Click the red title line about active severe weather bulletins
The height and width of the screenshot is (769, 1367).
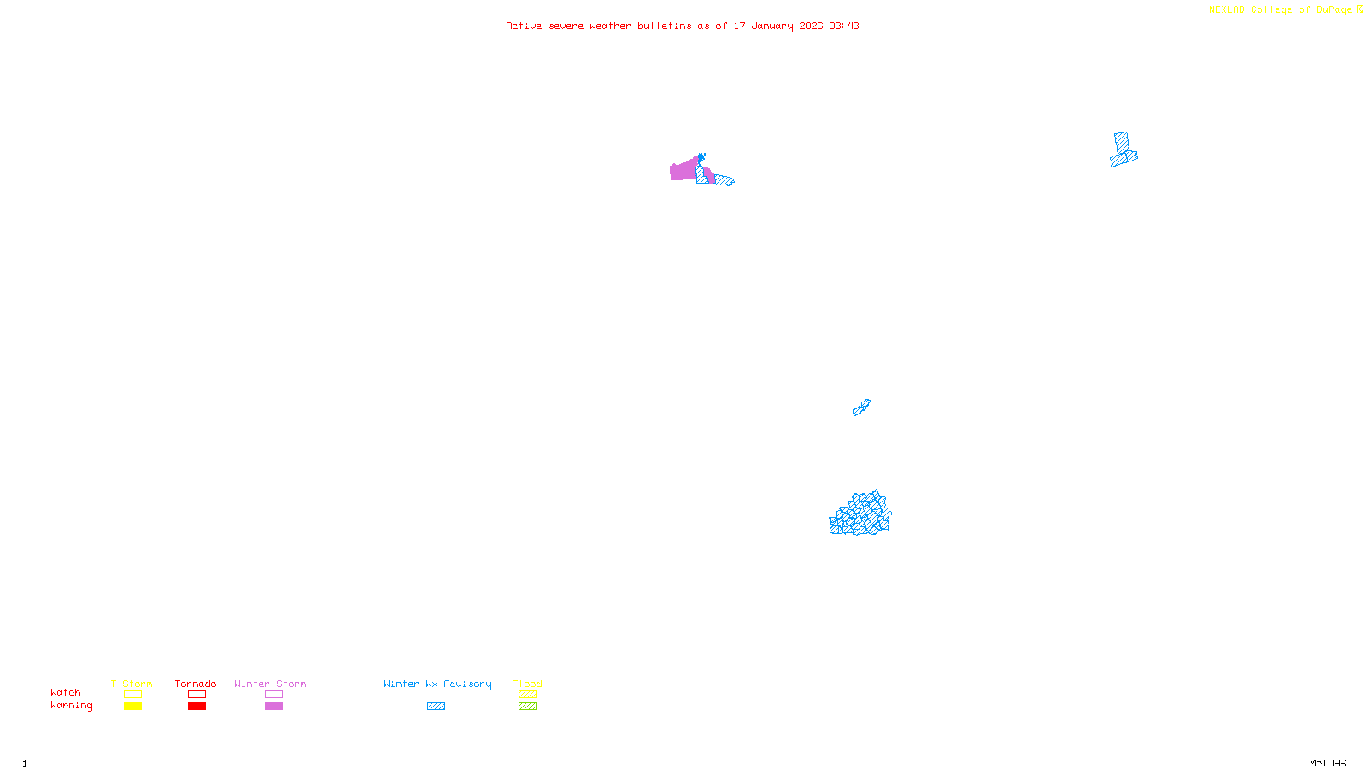682,26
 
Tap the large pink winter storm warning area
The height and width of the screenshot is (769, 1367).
683,171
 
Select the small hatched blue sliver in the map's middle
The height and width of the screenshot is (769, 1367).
861,408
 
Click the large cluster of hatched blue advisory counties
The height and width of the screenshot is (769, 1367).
860,514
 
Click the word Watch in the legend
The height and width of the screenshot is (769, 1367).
66,692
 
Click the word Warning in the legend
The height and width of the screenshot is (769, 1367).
71,706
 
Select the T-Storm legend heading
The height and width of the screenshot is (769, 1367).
132,684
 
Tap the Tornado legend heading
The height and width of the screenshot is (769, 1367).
196,684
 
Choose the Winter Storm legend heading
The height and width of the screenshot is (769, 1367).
270,684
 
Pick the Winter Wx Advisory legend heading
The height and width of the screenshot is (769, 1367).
437,684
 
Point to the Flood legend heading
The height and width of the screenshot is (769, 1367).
527,684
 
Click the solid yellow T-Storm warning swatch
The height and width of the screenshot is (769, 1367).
132,707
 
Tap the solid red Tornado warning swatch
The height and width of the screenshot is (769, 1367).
197,707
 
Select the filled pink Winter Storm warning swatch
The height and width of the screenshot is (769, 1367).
273,707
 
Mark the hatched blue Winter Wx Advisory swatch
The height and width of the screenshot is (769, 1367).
436,707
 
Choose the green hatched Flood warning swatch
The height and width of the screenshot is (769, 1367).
527,707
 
